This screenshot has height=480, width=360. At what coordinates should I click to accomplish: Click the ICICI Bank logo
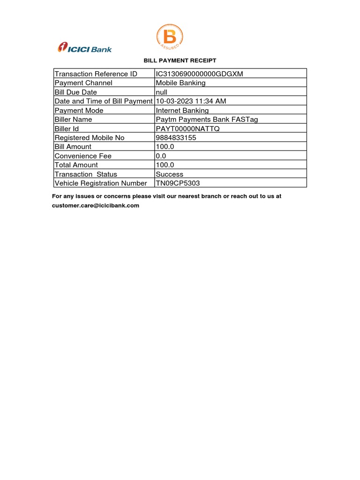click(x=85, y=47)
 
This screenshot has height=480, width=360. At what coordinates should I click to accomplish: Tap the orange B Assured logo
click(x=169, y=37)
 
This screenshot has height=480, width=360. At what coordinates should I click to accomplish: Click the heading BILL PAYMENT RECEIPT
click(x=180, y=60)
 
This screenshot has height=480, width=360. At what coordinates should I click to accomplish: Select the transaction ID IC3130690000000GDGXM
click(x=199, y=74)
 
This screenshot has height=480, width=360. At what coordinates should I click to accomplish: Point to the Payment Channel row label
click(x=83, y=83)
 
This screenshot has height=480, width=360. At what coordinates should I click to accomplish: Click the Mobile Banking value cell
click(x=180, y=83)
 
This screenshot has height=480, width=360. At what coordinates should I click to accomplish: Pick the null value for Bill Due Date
click(x=161, y=92)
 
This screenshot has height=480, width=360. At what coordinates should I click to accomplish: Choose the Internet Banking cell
click(x=182, y=110)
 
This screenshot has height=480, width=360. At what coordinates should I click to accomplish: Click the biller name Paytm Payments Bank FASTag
click(x=207, y=120)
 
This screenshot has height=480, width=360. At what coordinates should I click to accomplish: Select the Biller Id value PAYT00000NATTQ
click(x=187, y=128)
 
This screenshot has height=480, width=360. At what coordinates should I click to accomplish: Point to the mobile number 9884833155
click(x=176, y=138)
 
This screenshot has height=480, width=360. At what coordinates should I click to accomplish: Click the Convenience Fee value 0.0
click(x=160, y=156)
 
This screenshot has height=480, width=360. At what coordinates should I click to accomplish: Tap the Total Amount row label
click(x=76, y=165)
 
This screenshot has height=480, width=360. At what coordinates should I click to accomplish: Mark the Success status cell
click(x=170, y=174)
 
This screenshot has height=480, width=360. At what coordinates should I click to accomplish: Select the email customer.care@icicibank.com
click(x=96, y=205)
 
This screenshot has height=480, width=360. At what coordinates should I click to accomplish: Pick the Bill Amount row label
click(x=73, y=147)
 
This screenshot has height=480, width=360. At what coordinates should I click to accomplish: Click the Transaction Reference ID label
click(x=96, y=74)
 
